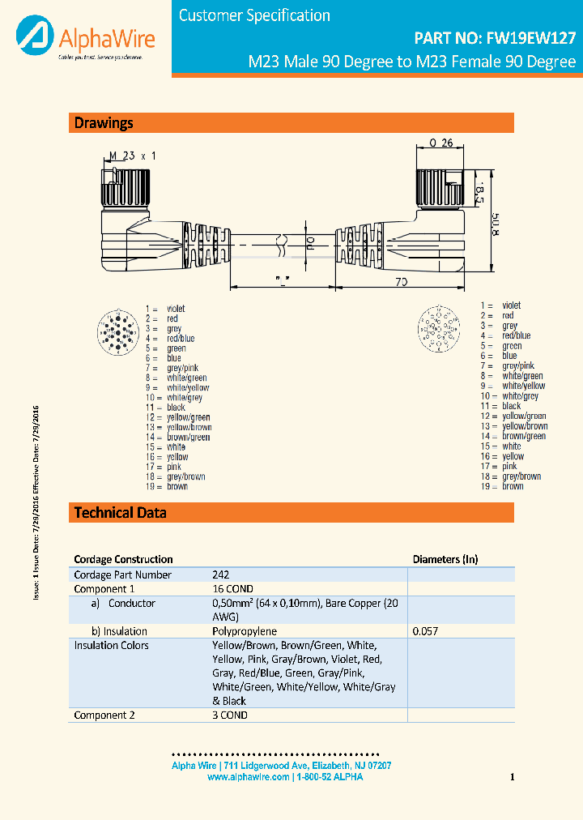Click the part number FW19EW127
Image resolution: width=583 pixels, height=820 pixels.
pos(495,37)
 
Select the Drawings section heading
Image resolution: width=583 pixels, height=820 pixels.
pos(104,123)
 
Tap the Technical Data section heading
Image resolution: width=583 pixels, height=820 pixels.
pos(120,512)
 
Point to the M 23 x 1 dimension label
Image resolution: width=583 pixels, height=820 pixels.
pos(132,156)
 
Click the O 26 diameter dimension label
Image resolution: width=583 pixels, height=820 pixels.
pos(440,143)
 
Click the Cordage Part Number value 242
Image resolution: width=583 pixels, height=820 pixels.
pos(220,574)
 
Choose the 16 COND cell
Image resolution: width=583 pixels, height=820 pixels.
pos(232,589)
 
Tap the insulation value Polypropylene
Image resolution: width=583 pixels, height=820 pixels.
pos(245,631)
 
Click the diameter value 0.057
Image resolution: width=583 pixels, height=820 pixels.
pos(425,631)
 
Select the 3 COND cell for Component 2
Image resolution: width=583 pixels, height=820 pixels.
pos(230,715)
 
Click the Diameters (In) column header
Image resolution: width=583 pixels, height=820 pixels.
pos(445,559)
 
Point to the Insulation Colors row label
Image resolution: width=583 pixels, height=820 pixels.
pos(112,646)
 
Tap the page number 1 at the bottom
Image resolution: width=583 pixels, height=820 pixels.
pos(513,778)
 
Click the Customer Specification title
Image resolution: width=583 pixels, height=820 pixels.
pos(254,15)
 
